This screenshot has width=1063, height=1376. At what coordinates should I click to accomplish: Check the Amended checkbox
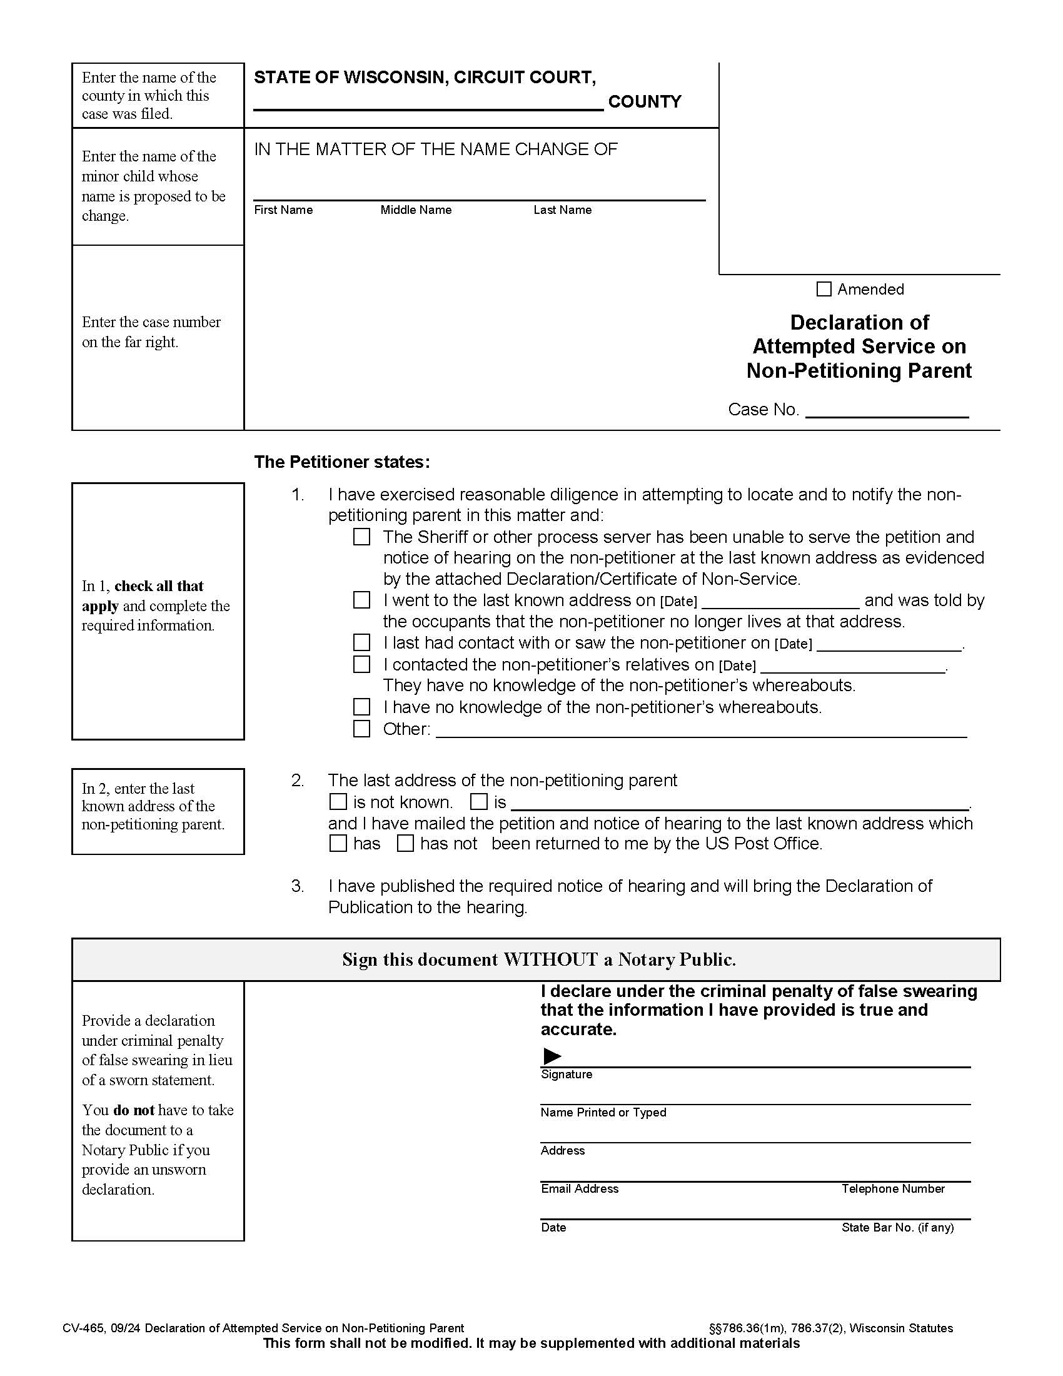(823, 289)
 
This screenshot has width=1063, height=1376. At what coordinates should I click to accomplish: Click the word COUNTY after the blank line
(644, 101)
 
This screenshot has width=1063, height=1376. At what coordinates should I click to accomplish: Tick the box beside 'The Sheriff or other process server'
(361, 537)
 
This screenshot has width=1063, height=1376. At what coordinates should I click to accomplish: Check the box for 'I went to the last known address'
(361, 600)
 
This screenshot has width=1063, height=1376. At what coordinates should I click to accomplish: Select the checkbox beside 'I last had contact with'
(361, 642)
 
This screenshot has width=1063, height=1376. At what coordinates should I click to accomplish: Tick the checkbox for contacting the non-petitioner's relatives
(361, 664)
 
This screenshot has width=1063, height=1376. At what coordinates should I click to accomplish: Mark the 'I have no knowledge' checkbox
(361, 707)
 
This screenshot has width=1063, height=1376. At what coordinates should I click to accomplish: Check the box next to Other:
(361, 728)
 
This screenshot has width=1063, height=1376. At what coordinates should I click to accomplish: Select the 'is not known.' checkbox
(338, 801)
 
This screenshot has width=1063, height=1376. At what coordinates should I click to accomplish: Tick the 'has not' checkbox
(405, 843)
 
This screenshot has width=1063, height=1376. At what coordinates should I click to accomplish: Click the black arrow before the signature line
(552, 1056)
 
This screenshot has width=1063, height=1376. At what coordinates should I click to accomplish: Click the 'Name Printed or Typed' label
(603, 1113)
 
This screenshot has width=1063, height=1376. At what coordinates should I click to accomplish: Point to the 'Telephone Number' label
(892, 1189)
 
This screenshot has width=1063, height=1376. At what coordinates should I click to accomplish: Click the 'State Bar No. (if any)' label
(897, 1227)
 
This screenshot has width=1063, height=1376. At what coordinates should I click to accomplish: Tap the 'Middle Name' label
(416, 210)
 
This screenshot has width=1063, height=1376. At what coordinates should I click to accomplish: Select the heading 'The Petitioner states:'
(341, 462)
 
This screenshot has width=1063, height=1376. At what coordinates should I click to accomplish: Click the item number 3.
(297, 886)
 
